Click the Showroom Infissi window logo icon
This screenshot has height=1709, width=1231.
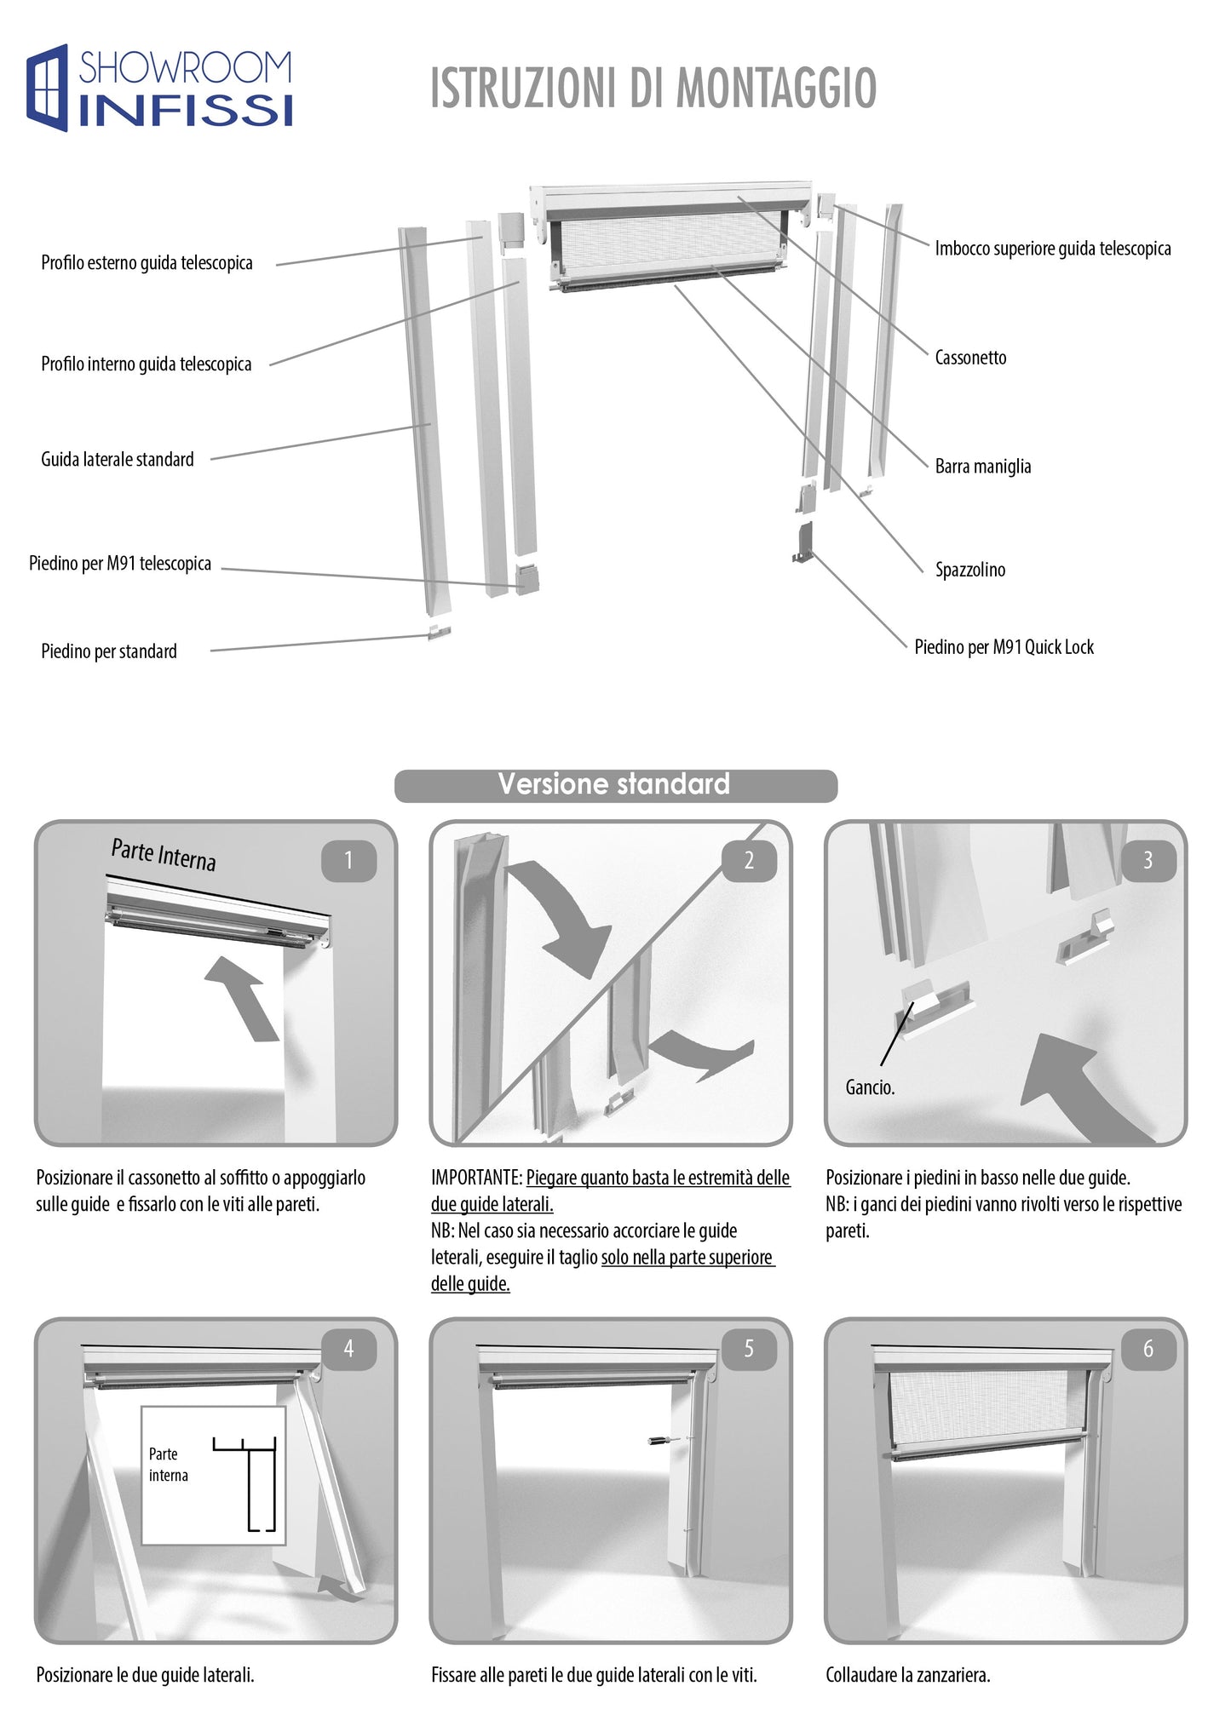[x=47, y=88]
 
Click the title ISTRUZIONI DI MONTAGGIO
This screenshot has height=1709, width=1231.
[x=653, y=89]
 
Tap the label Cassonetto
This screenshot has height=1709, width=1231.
[x=970, y=358]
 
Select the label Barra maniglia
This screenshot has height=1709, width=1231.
[x=982, y=467]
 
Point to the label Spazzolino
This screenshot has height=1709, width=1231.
[x=969, y=570]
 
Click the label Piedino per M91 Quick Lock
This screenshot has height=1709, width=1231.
[x=1004, y=647]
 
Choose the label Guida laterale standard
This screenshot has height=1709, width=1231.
[x=118, y=460]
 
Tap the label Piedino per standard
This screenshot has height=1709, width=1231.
[x=109, y=651]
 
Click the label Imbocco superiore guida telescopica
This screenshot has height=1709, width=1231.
[x=1052, y=249]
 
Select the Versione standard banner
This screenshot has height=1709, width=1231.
[x=615, y=784]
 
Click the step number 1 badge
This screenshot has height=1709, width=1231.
[x=348, y=861]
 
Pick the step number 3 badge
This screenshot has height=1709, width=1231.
[x=1148, y=861]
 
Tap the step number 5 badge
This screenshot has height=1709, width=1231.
[x=749, y=1349]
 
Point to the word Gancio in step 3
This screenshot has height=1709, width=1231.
[x=869, y=1087]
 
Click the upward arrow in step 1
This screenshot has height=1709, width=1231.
[x=244, y=996]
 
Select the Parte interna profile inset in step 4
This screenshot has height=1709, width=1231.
[x=213, y=1475]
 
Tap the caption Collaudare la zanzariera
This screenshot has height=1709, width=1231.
[x=907, y=1675]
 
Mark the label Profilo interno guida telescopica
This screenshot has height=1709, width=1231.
[x=147, y=364]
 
